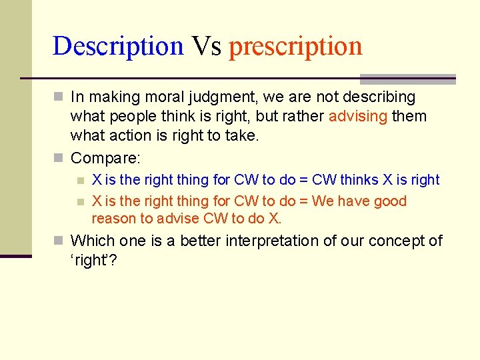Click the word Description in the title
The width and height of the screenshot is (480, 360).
117,46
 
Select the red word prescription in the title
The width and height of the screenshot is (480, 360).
295,46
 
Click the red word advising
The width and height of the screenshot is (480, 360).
358,116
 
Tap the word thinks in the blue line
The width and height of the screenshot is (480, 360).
359,180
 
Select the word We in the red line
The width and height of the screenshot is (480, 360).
322,201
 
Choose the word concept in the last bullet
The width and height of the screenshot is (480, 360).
395,241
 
